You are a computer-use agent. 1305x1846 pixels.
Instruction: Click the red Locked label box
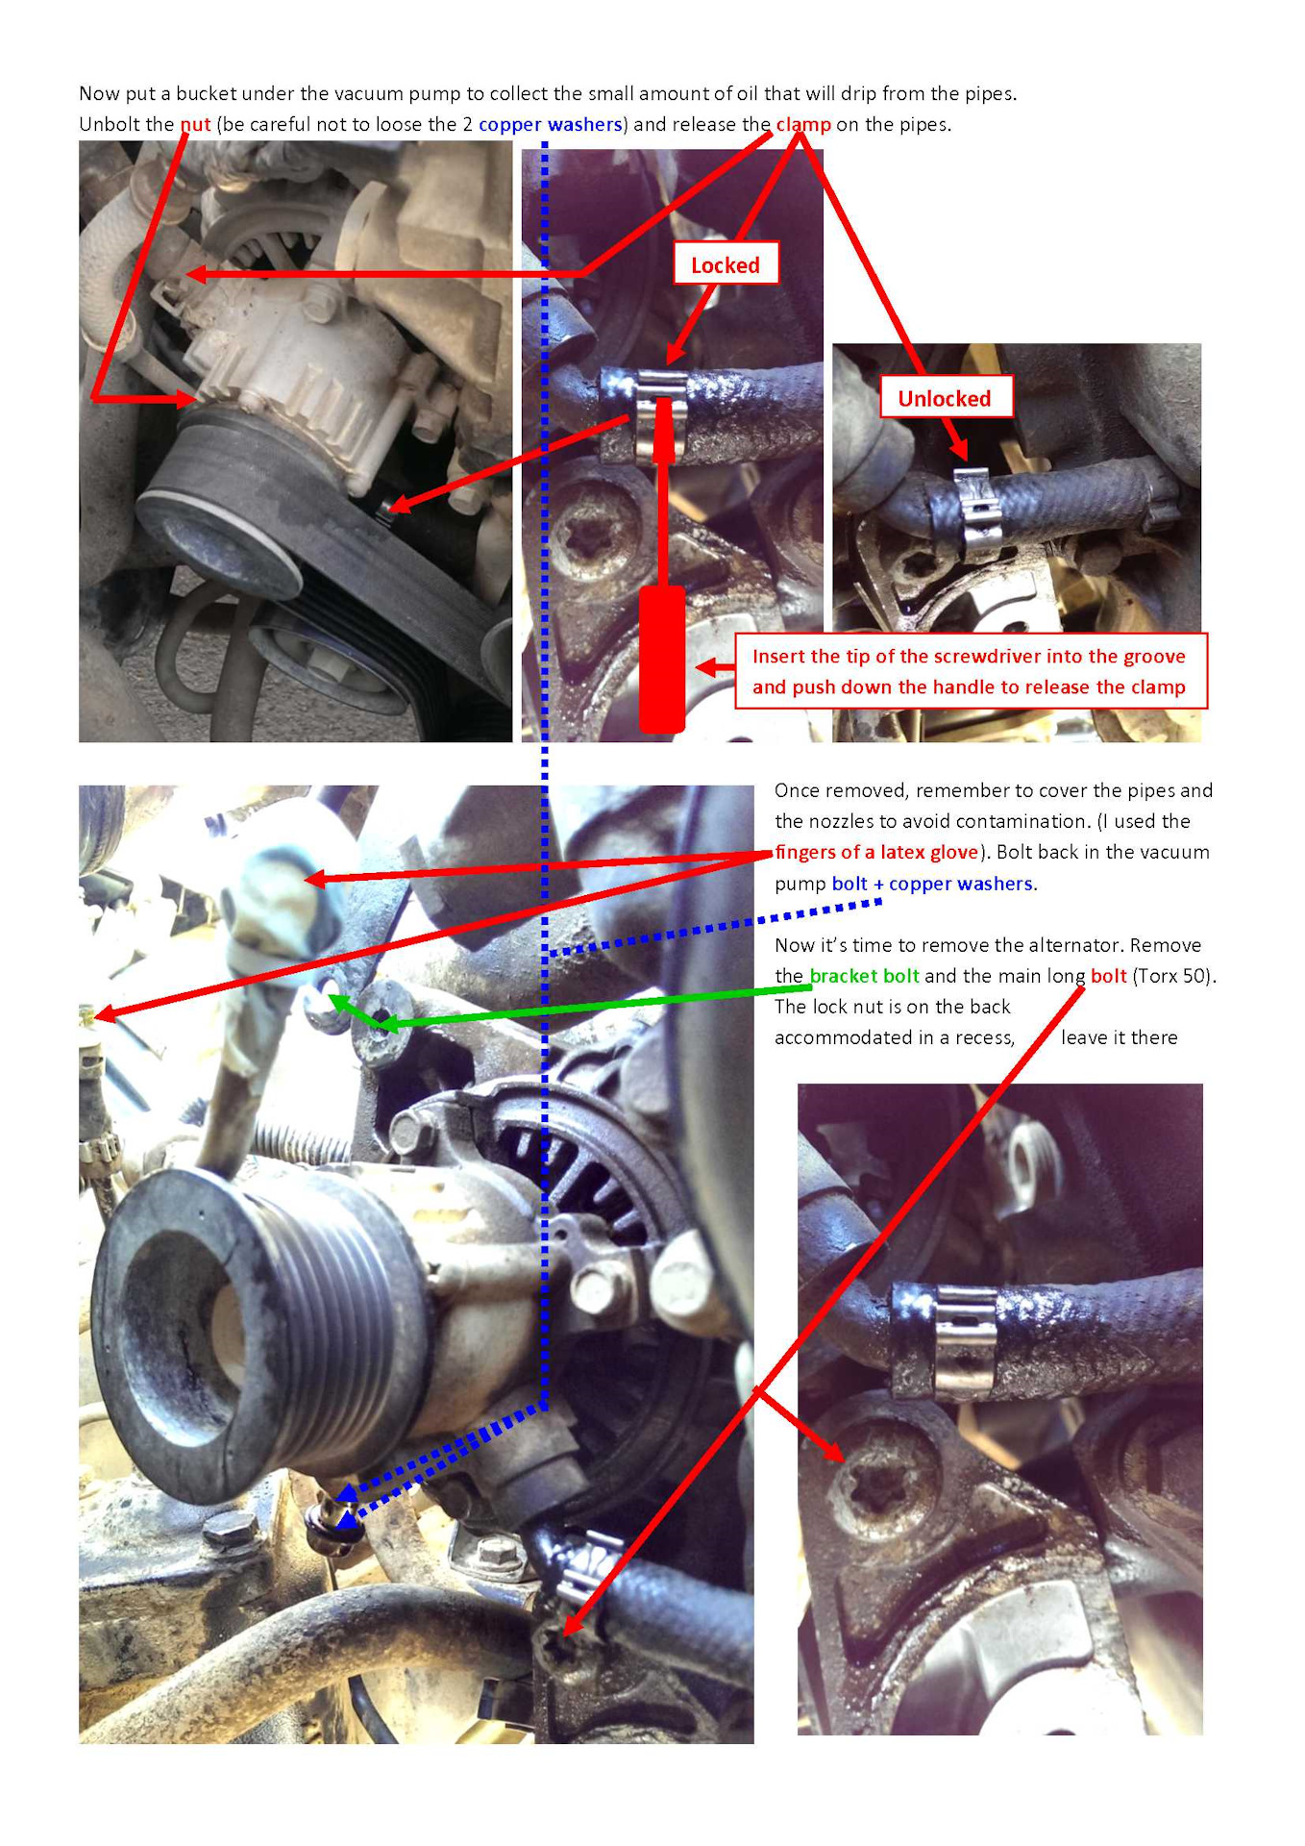click(726, 263)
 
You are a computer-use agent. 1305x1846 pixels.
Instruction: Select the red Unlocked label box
click(946, 397)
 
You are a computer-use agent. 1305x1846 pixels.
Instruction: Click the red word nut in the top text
click(195, 124)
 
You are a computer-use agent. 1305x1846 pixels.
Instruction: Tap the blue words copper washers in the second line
click(550, 124)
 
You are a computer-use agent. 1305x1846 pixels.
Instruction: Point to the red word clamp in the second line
click(803, 124)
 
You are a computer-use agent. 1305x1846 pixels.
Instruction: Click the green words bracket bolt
click(864, 976)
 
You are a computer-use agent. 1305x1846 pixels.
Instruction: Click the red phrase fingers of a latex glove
click(876, 852)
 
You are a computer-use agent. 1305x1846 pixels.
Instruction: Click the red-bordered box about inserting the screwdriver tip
click(971, 671)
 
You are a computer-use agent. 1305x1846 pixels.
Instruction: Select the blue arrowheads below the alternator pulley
click(346, 1506)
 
